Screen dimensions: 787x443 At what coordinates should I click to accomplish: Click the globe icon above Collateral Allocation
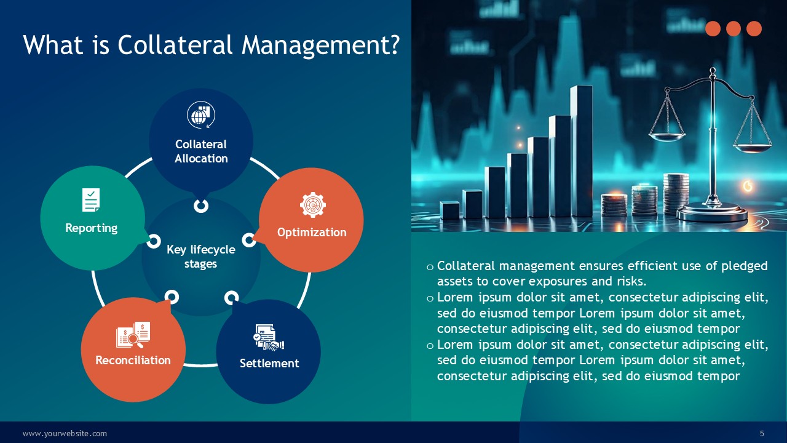(201, 115)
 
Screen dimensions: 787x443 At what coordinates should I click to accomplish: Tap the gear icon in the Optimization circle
(313, 205)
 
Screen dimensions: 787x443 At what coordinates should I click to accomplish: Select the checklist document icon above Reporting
(91, 200)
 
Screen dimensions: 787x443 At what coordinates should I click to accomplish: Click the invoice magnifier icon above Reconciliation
(133, 335)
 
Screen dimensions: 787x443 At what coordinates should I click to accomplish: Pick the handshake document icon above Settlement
(269, 337)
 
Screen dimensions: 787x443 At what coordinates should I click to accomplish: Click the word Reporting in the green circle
(92, 228)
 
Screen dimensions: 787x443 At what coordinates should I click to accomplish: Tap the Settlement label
(269, 363)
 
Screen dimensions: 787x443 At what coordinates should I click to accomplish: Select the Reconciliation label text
(133, 360)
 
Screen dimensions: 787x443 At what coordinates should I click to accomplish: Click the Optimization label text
(312, 233)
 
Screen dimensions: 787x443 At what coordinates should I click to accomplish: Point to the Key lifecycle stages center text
(201, 257)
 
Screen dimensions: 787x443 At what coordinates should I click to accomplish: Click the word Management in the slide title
(321, 45)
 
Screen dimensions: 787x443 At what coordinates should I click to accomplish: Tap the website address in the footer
(65, 434)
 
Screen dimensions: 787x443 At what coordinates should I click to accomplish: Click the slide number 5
(762, 434)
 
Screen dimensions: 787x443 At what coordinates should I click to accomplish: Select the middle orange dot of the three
(734, 29)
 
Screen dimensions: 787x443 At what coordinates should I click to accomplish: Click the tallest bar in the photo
(582, 151)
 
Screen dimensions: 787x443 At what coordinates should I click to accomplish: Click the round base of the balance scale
(712, 214)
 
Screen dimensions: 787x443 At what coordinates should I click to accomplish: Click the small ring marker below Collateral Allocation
(201, 206)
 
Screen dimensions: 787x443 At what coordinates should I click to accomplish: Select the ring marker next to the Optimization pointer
(249, 240)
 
